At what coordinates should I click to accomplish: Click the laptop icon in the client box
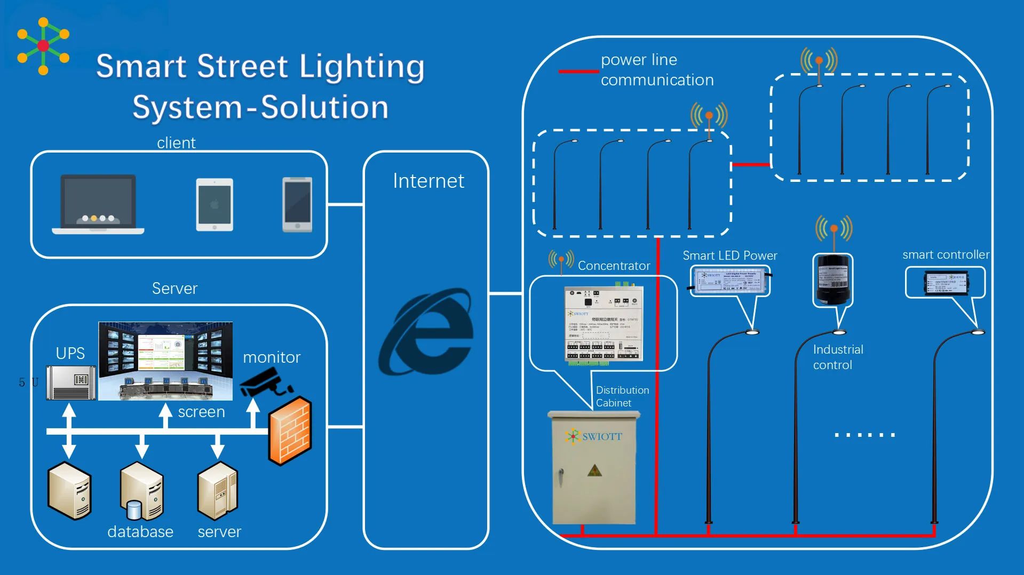click(98, 204)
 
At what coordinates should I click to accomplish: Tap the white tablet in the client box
click(215, 205)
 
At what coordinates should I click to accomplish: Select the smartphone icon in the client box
click(297, 205)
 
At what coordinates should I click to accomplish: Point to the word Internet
click(428, 181)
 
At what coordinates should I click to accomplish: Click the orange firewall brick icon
click(290, 430)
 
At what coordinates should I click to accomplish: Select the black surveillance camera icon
click(265, 384)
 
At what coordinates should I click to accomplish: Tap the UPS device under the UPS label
click(71, 382)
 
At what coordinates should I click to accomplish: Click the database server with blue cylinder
click(141, 491)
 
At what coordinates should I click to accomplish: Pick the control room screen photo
click(165, 361)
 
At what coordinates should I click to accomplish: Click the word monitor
click(272, 357)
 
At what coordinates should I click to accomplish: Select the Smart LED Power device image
click(730, 281)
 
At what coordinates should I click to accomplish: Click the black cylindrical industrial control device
click(832, 279)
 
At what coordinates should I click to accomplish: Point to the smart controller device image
click(946, 283)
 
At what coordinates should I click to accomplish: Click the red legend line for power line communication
click(578, 71)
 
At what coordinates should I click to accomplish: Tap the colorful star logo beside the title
click(43, 46)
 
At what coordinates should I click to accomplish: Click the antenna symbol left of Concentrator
click(561, 261)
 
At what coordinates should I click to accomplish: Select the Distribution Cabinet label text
click(622, 396)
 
